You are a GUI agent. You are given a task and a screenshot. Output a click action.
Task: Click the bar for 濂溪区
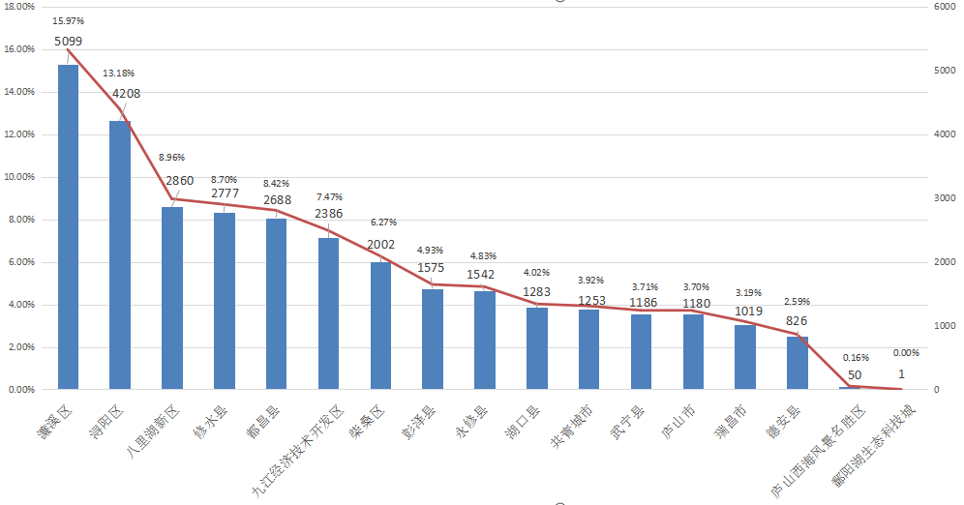(68, 227)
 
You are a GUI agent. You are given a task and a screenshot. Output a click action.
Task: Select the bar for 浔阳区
(120, 255)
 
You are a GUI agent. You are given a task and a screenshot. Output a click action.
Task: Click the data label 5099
(68, 42)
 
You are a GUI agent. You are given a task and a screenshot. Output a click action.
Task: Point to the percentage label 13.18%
(119, 73)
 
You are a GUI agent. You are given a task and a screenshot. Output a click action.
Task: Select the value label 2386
(328, 213)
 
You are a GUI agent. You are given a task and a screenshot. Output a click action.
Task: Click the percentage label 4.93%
(431, 249)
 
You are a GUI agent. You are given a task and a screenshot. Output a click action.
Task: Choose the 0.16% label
(856, 357)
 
